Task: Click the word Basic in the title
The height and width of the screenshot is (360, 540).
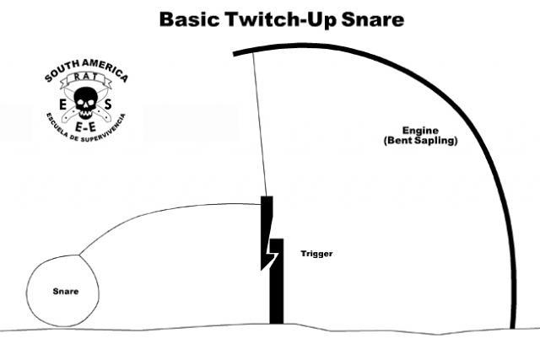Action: (189, 19)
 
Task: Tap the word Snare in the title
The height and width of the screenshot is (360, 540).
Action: (373, 19)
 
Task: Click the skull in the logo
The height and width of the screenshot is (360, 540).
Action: (85, 103)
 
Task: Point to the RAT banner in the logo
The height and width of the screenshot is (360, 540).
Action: (85, 78)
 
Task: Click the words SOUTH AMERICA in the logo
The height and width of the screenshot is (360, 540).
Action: (86, 70)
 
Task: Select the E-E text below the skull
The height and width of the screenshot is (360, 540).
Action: (85, 127)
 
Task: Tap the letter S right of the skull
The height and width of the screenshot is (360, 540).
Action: (108, 104)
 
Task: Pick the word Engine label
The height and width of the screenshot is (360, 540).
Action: (420, 131)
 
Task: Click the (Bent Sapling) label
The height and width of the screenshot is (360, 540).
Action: (420, 141)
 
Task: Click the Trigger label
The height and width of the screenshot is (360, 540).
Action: (316, 254)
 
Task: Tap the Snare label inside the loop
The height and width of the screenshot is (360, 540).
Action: (66, 292)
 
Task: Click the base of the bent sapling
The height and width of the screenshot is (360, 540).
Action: (513, 326)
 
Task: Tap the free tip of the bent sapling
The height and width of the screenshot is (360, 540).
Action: (235, 54)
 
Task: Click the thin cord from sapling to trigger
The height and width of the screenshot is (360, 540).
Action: (260, 125)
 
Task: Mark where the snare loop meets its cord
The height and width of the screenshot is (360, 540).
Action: (79, 255)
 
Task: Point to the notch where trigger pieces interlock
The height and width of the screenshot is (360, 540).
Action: (273, 254)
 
